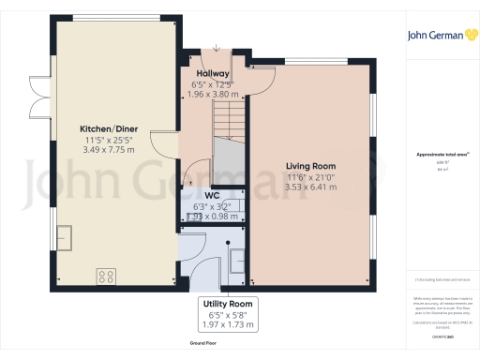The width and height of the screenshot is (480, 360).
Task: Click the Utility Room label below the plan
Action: point(228,304)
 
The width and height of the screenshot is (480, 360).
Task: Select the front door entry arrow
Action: point(216,49)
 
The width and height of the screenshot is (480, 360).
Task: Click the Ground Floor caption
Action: point(204,344)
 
